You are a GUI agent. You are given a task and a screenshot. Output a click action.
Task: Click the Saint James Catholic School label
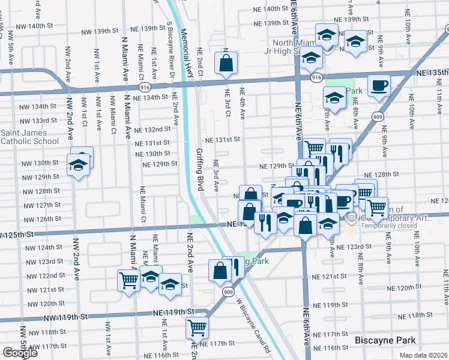point(29,137)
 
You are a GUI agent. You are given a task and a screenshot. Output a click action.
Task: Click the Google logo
point(20,353)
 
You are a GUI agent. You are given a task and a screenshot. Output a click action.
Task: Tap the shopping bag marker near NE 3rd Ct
point(225,63)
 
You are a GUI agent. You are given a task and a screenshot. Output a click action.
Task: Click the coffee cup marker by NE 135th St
point(378,86)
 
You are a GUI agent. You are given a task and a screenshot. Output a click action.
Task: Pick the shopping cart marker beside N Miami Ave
point(129,279)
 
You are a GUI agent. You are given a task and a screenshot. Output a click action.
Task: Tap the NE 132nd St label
point(152,130)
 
